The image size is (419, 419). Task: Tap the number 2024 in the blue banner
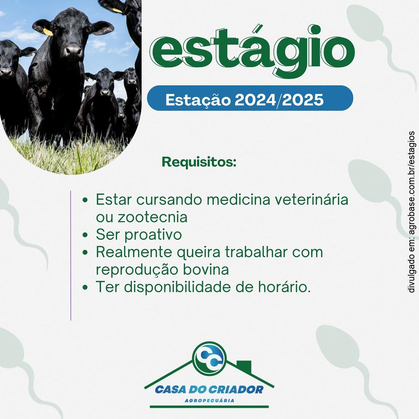[x=256, y=100]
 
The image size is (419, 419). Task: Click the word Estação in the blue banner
[x=197, y=100]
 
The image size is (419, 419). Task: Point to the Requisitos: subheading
[x=199, y=162]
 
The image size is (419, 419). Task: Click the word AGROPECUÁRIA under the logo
[x=209, y=400]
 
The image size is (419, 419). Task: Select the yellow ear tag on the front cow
[x=48, y=32]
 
